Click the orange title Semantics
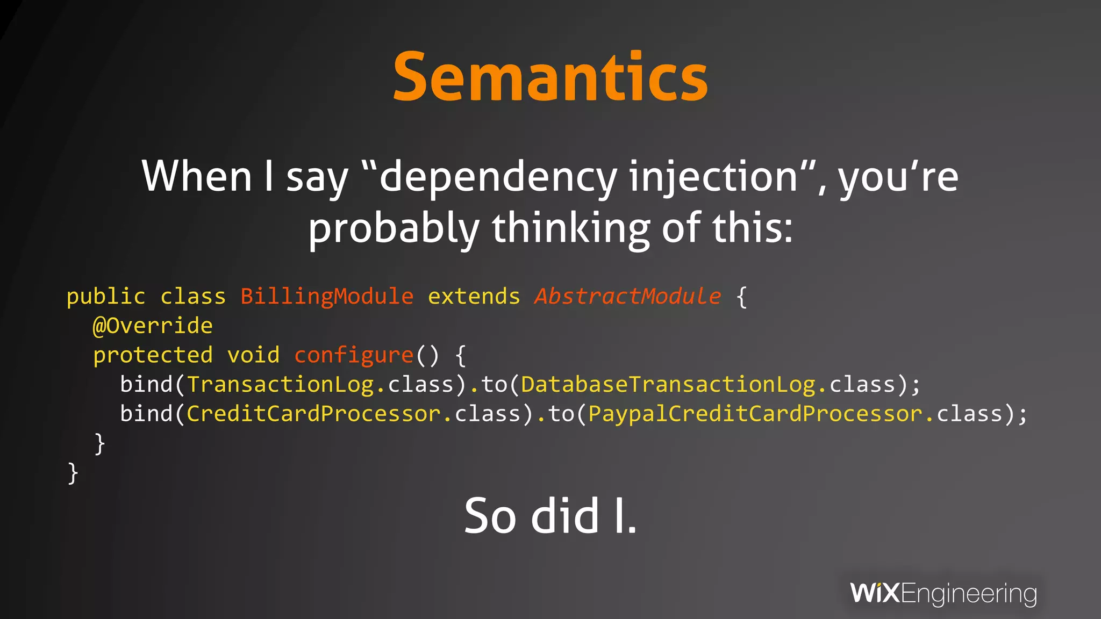pos(550,76)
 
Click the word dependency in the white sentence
pos(498,177)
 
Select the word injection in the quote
pos(713,177)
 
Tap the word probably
pos(394,228)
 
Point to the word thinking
pos(570,228)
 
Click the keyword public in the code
pos(106,297)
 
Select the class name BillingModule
pos(327,297)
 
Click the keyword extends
pos(474,297)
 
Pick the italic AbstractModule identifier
pos(627,297)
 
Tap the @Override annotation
pos(153,326)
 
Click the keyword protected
pos(153,355)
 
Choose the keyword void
pos(253,355)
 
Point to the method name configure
pos(354,355)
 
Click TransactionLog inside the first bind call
pos(280,385)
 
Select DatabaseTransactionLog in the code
pos(668,385)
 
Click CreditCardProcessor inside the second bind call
pos(313,414)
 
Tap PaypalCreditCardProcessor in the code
pos(755,414)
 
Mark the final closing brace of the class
pos(73,473)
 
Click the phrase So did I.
pos(550,516)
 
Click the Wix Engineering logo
pos(943,594)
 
